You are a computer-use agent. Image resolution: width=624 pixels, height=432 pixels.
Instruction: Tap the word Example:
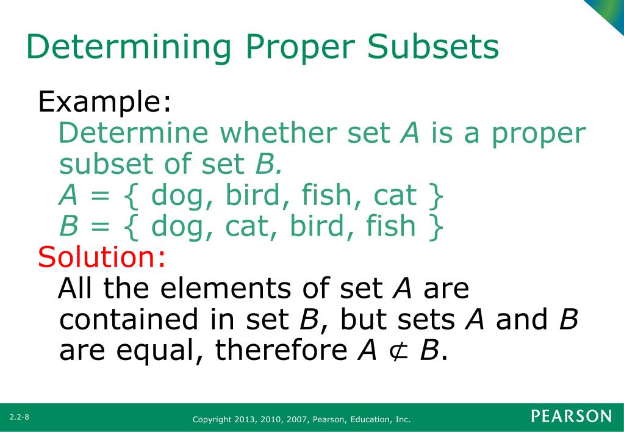(104, 102)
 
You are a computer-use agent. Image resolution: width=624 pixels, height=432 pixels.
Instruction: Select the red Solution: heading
(101, 257)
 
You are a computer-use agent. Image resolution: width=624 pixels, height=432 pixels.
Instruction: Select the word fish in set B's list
(389, 226)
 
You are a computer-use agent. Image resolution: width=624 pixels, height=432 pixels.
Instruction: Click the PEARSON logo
(571, 417)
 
